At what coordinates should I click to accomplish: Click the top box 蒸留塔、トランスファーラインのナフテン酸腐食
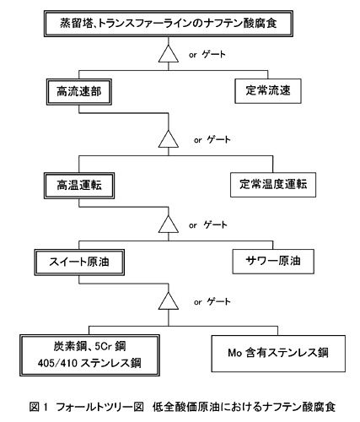[x=169, y=24]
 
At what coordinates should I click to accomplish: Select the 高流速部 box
[x=79, y=92]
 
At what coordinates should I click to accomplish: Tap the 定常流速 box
[x=268, y=91]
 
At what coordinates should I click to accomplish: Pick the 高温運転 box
[x=79, y=186]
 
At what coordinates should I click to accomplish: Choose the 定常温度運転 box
[x=273, y=185]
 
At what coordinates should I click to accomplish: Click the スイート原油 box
[x=79, y=262]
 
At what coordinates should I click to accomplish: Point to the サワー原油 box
[x=273, y=262]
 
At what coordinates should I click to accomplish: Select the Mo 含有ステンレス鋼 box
[x=278, y=354]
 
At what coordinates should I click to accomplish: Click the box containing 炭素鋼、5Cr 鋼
[x=89, y=355]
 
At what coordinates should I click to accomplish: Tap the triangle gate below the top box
[x=169, y=54]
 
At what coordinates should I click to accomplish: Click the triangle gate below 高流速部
[x=169, y=139]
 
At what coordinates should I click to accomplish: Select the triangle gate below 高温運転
[x=169, y=225]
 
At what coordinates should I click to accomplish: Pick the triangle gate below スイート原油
[x=169, y=301]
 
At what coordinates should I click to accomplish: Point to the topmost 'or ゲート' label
[x=207, y=54]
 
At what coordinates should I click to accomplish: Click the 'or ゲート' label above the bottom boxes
[x=212, y=302]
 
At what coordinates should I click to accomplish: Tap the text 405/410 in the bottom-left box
[x=57, y=363]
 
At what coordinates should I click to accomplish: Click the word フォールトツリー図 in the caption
[x=100, y=407]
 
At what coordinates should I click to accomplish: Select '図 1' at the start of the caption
[x=39, y=407]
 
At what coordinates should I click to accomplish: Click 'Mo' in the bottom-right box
[x=234, y=353]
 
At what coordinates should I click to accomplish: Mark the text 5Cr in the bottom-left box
[x=103, y=346]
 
